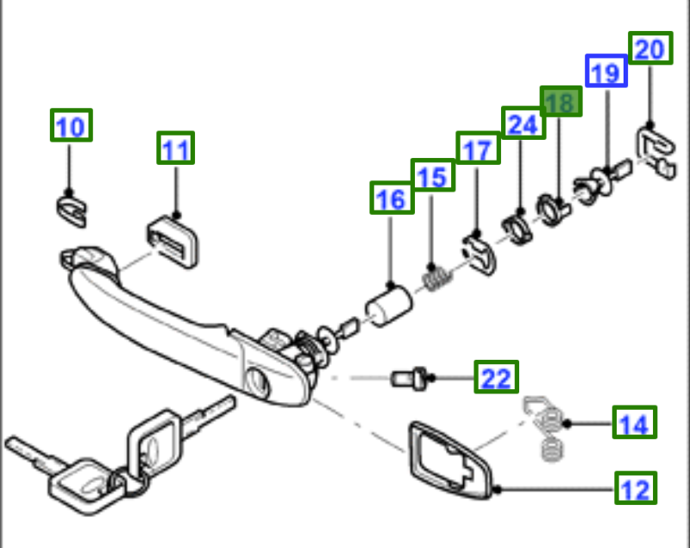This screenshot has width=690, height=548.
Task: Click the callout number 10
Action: (71, 127)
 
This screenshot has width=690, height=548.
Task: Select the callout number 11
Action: (176, 149)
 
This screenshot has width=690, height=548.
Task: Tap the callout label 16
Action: (391, 199)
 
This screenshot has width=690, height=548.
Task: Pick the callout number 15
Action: (432, 177)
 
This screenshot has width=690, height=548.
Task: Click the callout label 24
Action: (523, 124)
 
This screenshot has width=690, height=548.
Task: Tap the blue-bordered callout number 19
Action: (606, 72)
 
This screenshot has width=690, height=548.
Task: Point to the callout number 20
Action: (649, 49)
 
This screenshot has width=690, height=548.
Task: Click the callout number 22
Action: (496, 377)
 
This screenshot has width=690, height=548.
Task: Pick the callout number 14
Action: (634, 424)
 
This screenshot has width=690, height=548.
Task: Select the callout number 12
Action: (635, 489)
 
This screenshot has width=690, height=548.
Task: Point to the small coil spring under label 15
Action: (437, 278)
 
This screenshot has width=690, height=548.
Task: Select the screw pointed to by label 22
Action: (406, 377)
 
